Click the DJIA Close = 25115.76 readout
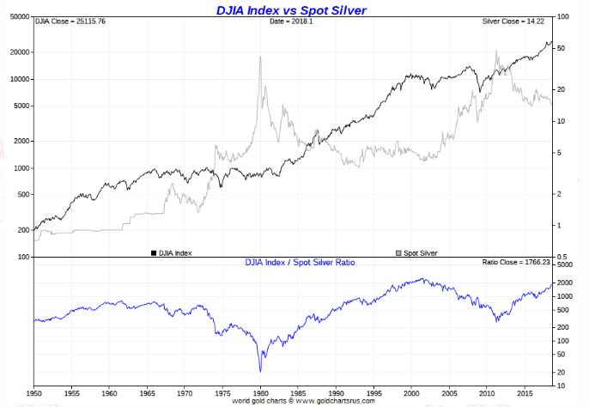pyautogui.click(x=69, y=21)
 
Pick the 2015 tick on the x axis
pyautogui.click(x=524, y=392)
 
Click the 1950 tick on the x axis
pyautogui.click(x=33, y=392)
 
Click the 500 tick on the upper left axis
pyautogui.click(x=23, y=195)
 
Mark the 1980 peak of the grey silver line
pyautogui.click(x=259, y=57)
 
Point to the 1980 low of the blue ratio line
pyautogui.click(x=259, y=371)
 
